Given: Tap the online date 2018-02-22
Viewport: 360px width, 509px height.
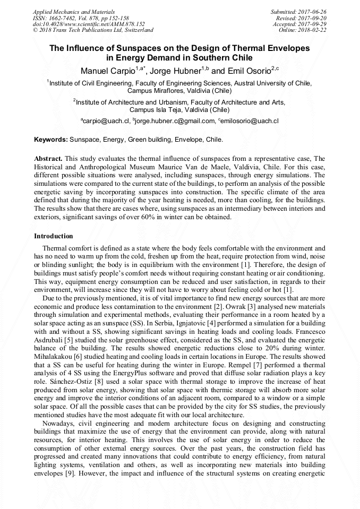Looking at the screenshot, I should [x=314, y=30].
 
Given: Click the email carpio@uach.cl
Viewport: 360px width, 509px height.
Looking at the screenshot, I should [x=106, y=122].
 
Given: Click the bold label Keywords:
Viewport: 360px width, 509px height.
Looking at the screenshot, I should [x=50, y=140].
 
